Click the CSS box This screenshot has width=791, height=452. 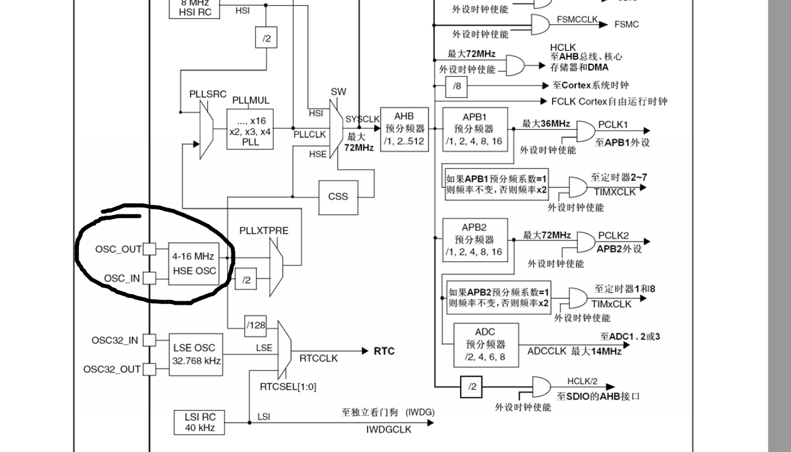click(338, 197)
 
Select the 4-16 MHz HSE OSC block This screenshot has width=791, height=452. click(194, 264)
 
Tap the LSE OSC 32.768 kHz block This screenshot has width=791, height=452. click(196, 354)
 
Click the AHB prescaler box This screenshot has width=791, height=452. click(404, 129)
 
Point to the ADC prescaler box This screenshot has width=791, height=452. click(485, 344)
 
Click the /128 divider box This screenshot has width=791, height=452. click(256, 325)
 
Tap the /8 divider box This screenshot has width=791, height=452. click(457, 86)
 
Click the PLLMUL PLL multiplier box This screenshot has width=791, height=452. click(250, 129)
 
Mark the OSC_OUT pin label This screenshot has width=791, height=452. click(118, 249)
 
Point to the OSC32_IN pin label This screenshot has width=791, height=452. click(115, 340)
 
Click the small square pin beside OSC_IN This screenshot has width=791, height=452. click(150, 278)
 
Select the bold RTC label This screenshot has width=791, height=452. click(384, 351)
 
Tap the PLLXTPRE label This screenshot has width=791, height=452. click(264, 231)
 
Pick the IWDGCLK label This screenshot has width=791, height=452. click(388, 429)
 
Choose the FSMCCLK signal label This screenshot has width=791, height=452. click(577, 19)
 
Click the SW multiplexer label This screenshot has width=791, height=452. click(338, 91)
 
